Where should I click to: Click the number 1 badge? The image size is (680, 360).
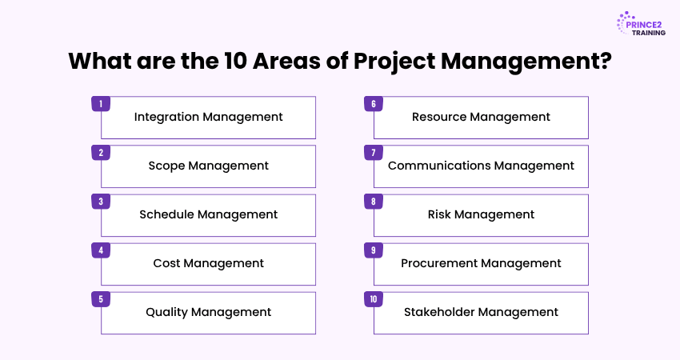point(101,104)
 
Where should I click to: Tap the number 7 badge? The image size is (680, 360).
point(374,153)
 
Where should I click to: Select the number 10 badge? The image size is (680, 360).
point(374,299)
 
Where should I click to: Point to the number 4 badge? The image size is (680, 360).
point(101,250)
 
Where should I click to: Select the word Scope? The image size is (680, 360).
point(166,166)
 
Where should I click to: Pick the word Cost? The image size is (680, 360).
point(166,263)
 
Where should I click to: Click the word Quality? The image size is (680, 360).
point(166,312)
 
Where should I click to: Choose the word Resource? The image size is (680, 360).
point(439,117)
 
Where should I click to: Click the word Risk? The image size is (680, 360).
point(439,214)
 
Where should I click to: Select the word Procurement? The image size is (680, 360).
point(439,263)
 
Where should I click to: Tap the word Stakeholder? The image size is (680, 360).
point(439,312)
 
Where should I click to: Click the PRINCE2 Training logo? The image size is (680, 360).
point(641,24)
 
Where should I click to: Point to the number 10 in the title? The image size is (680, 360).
point(235,61)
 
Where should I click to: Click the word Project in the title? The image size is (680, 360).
point(394,61)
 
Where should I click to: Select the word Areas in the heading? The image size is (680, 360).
point(286,61)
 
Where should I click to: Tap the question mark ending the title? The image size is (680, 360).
point(606,61)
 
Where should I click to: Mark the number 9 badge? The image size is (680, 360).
point(374,250)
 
